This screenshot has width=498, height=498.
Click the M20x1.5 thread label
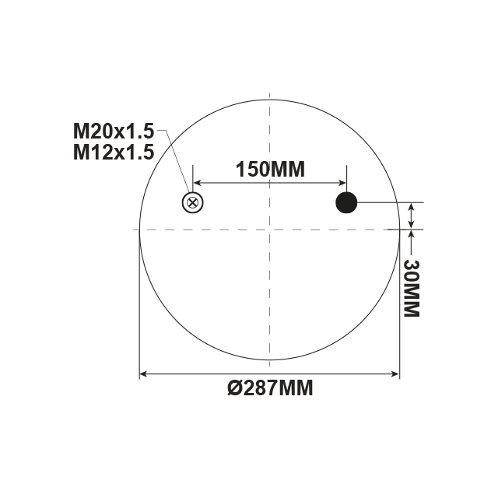pos(114,130)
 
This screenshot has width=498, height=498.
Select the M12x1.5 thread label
pos(114,152)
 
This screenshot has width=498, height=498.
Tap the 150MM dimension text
pos(269,169)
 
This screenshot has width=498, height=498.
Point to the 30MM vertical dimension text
pos(411,288)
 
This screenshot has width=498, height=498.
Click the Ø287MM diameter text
pos(270,388)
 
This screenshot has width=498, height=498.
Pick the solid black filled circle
pos(346,203)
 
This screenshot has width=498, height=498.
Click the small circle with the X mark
pos(192,203)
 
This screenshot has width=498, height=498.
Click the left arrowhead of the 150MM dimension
pos(198,183)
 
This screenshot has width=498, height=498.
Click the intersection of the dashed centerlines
pos(269,230)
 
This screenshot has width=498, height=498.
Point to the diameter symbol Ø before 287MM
pos(234,388)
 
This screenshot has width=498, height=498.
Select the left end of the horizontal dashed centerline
pos(135,230)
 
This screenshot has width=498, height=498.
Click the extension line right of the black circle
pos(389,203)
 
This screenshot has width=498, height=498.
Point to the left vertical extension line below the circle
pos(139,311)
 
